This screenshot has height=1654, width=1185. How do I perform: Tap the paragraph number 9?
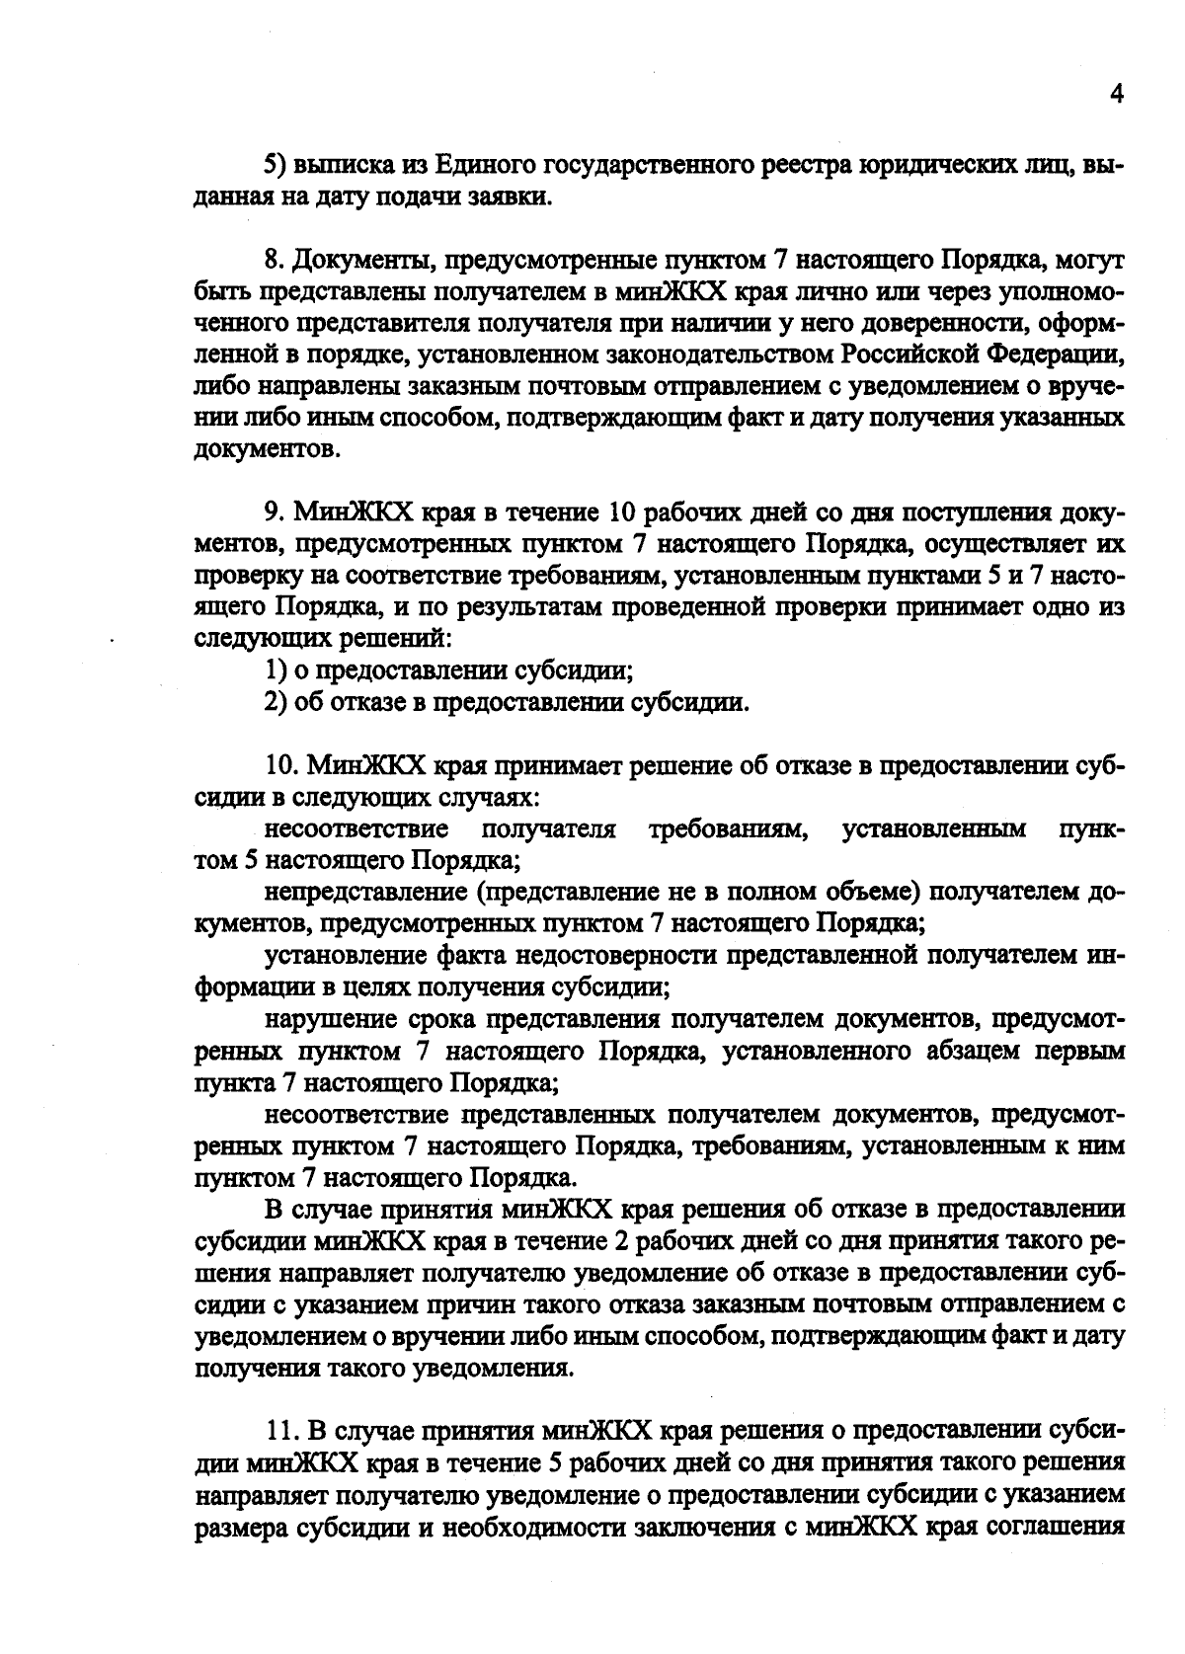(274, 512)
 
